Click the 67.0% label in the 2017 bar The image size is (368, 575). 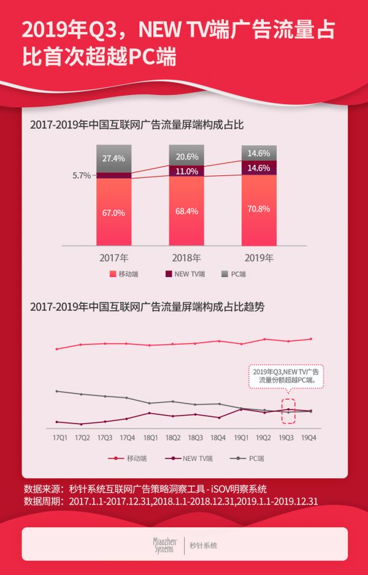click(x=113, y=213)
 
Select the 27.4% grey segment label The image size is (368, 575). click(x=113, y=158)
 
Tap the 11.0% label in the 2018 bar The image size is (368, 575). click(x=187, y=172)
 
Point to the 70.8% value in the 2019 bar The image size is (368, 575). click(x=259, y=208)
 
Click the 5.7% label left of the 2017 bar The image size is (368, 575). click(x=81, y=175)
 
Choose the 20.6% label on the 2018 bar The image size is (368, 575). click(x=187, y=156)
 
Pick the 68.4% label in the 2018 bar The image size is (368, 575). click(x=187, y=211)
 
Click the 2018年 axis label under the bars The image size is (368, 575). click(x=187, y=257)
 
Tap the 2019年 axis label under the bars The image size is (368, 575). click(x=259, y=257)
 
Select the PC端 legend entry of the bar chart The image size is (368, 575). click(x=234, y=274)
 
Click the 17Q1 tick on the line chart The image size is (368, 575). click(x=59, y=437)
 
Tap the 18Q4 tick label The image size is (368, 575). click(x=218, y=437)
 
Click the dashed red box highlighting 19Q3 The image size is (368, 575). click(x=286, y=410)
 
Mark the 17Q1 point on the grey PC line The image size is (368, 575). click(x=57, y=391)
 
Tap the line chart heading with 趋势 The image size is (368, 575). click(x=147, y=307)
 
